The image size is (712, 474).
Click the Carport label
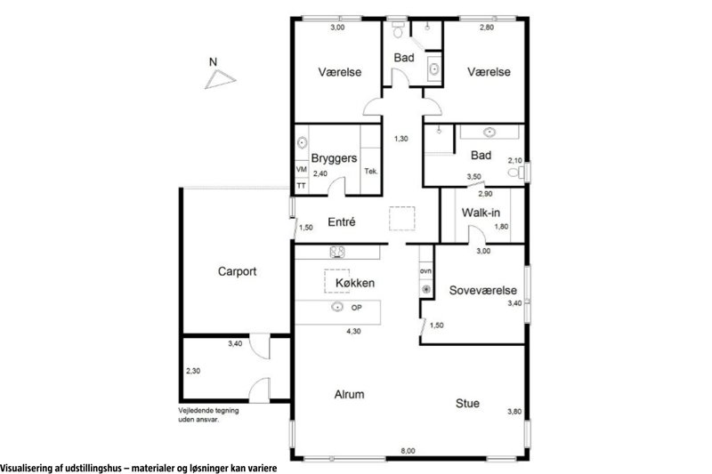tap(237, 271)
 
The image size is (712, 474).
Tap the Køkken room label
tap(355, 283)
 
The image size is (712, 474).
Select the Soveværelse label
tap(483, 290)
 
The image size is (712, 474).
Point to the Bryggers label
tap(334, 158)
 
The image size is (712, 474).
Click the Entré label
tap(342, 221)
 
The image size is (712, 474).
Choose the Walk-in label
tap(481, 213)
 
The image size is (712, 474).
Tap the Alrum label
tap(349, 394)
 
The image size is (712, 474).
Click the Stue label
tap(467, 403)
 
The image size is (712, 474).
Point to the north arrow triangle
tap(220, 79)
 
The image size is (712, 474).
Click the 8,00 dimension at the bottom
tap(408, 451)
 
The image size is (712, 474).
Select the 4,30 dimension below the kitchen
tap(353, 331)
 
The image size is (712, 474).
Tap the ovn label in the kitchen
tap(425, 270)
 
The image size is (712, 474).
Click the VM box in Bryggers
tap(302, 169)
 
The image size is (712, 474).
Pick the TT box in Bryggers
tap(301, 186)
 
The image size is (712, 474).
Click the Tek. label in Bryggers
tap(370, 172)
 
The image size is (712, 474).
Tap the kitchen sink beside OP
tap(337, 307)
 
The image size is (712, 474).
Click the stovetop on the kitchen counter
tap(337, 252)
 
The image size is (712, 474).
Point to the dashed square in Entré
tap(402, 218)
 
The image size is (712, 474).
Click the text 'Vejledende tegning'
tap(208, 411)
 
